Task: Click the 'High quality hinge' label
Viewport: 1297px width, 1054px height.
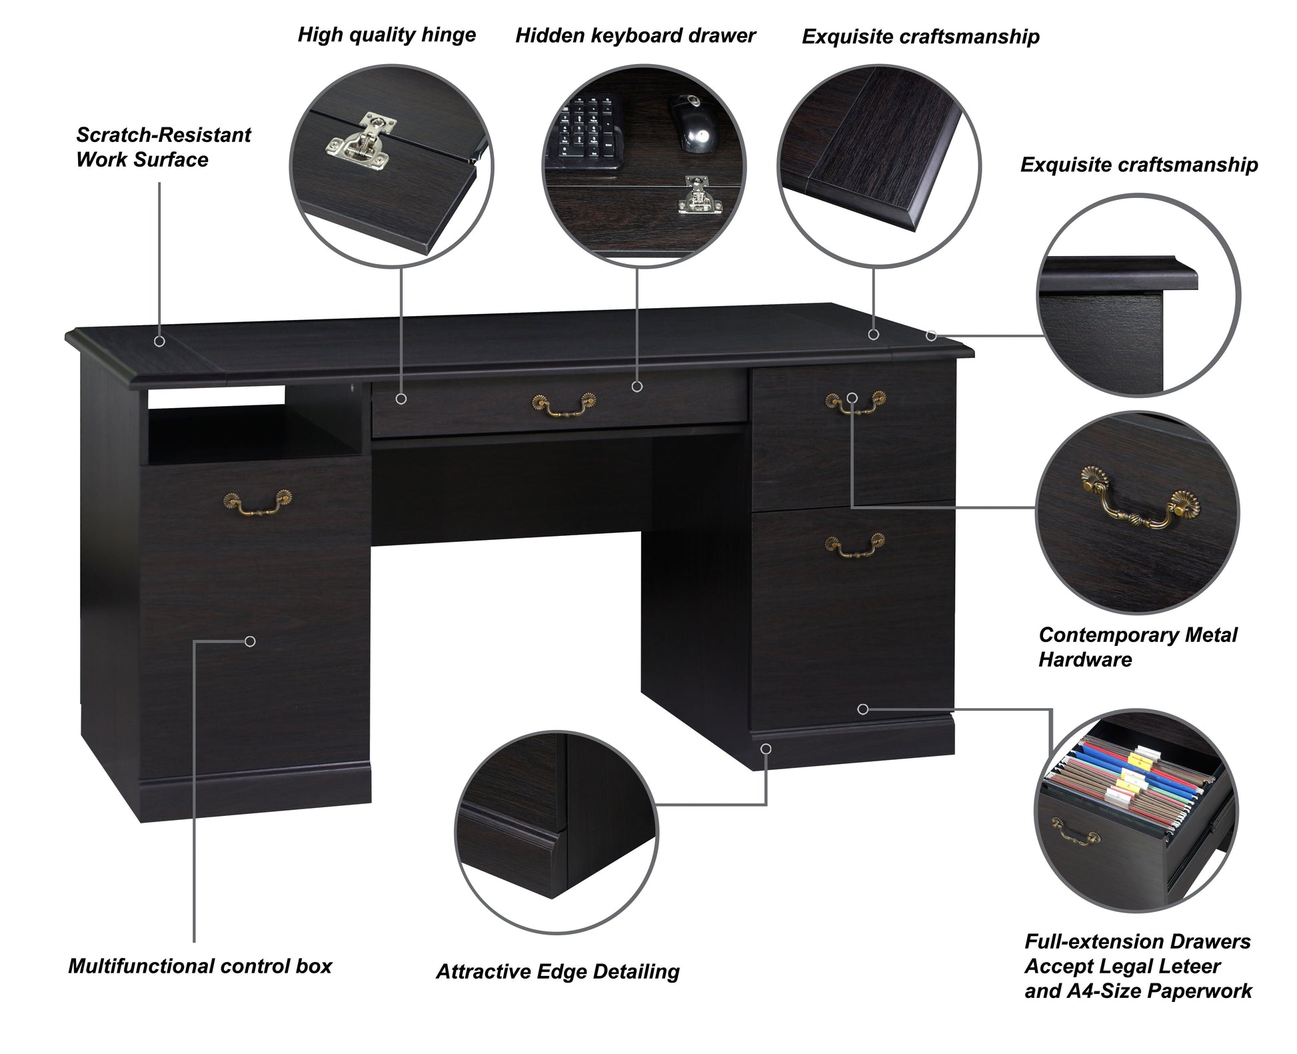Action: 387,35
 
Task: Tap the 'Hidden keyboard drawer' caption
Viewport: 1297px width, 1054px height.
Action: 635,36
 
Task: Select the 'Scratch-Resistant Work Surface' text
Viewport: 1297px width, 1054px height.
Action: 163,147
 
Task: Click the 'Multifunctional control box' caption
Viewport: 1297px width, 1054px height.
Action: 199,966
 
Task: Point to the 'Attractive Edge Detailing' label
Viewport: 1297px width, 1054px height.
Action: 557,971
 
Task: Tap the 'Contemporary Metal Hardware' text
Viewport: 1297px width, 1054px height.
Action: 1137,647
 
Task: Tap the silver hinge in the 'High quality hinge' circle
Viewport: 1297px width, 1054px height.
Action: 362,143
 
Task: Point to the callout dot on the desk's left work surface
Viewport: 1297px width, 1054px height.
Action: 159,341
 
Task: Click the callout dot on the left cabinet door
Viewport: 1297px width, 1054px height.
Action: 250,641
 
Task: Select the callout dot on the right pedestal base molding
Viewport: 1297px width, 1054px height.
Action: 766,749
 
